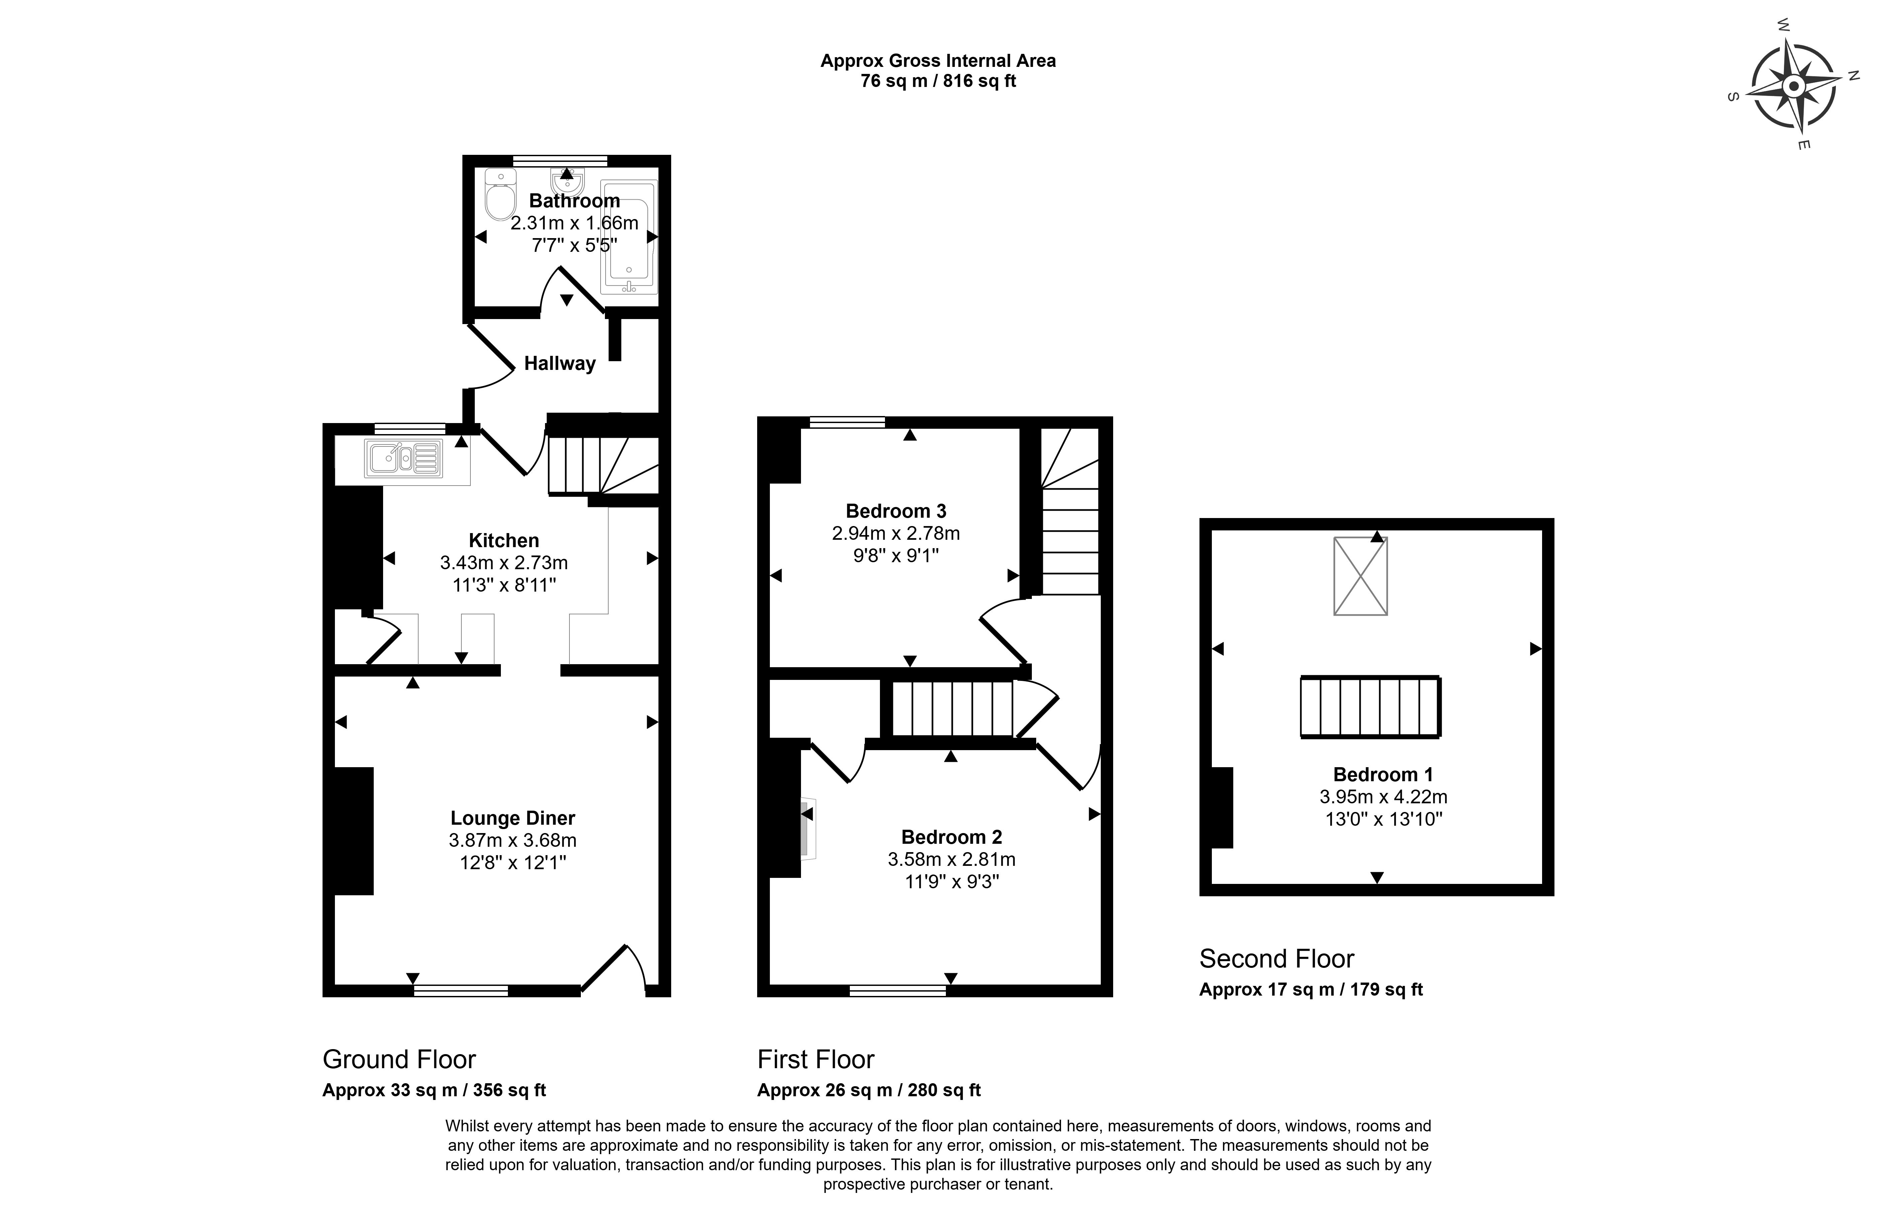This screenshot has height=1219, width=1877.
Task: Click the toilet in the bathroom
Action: (499, 195)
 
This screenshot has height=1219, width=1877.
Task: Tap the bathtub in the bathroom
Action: (629, 236)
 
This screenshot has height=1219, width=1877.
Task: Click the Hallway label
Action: (560, 364)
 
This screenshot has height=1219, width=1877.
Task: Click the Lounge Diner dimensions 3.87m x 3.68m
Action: (513, 840)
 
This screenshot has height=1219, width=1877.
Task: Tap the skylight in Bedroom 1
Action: (1360, 576)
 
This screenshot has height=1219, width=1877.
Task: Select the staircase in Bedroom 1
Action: (1371, 706)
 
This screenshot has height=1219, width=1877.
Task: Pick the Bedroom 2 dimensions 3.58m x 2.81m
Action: (952, 859)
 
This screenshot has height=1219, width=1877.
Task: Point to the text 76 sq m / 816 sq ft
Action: (938, 81)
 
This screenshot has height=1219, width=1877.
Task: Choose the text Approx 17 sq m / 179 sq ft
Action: (1311, 990)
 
